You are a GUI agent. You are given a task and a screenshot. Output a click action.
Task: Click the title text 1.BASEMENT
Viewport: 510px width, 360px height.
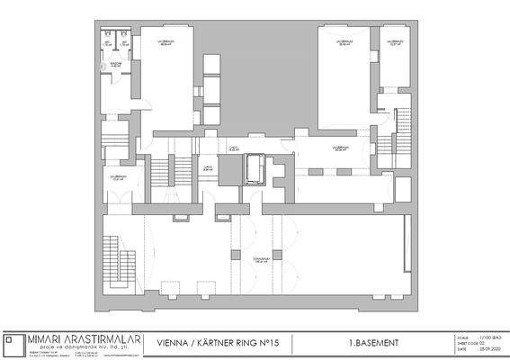(x=368, y=343)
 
